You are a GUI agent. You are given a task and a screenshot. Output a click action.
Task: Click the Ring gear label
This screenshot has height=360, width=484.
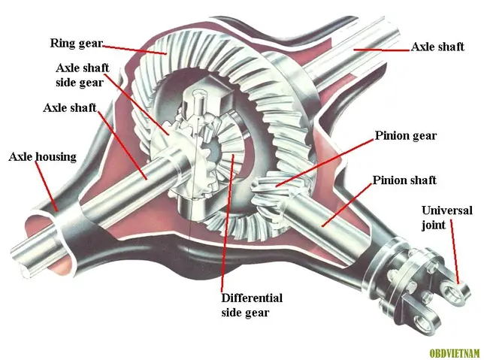(75, 43)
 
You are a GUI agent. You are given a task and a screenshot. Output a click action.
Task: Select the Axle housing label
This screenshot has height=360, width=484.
(42, 157)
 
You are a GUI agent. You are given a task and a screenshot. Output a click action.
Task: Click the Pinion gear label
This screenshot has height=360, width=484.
(405, 137)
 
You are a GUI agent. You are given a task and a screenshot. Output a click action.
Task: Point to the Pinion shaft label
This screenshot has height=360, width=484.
(404, 181)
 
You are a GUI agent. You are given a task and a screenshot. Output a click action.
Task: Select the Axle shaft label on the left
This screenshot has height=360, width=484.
(70, 107)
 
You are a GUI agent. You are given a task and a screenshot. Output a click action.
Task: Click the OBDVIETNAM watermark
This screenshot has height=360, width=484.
(454, 351)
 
